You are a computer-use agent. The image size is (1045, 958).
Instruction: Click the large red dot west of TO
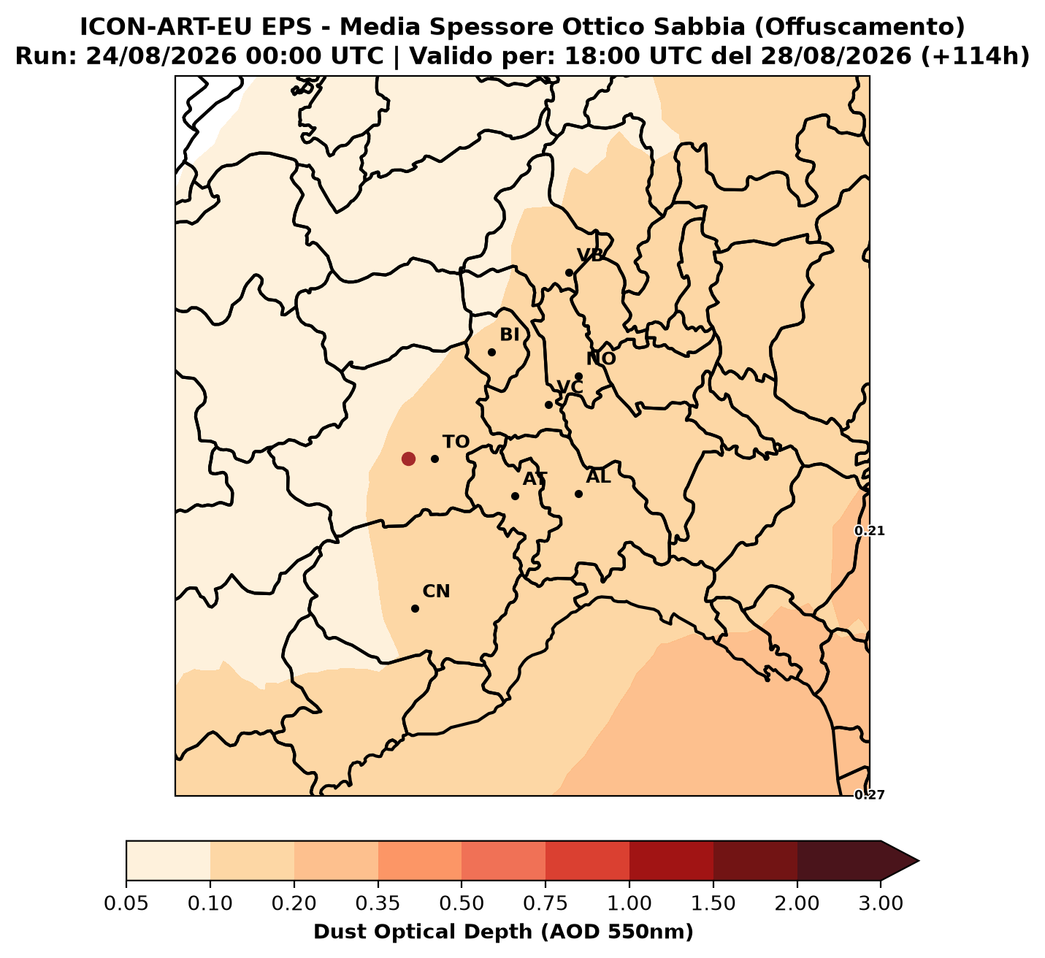click(x=408, y=459)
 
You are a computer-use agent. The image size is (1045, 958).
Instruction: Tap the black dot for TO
click(x=435, y=459)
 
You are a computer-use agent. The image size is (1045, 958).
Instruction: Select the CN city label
click(x=436, y=591)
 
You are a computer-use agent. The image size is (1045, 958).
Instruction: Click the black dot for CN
click(x=416, y=608)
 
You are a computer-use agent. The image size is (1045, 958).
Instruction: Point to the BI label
click(x=510, y=335)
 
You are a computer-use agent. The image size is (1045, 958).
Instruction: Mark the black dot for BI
click(x=491, y=352)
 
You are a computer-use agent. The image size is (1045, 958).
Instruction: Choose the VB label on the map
click(x=590, y=256)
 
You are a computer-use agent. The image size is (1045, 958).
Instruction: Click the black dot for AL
click(x=578, y=494)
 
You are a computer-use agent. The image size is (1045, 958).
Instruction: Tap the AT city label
click(x=535, y=479)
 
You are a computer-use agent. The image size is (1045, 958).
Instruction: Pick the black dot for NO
click(x=578, y=376)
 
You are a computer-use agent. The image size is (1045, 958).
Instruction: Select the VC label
click(x=570, y=387)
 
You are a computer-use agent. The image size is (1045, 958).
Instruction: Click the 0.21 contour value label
click(x=870, y=531)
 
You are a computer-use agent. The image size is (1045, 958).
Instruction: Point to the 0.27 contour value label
click(x=870, y=794)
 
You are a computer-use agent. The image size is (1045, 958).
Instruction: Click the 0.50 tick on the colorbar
click(x=462, y=903)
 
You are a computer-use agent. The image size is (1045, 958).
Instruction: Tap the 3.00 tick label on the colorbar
click(x=881, y=903)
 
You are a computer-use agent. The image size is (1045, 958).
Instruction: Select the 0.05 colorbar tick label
click(x=126, y=903)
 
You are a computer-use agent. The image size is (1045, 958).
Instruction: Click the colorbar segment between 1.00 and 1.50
click(x=672, y=861)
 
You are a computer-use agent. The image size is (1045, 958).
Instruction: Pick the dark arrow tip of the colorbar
click(x=918, y=861)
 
